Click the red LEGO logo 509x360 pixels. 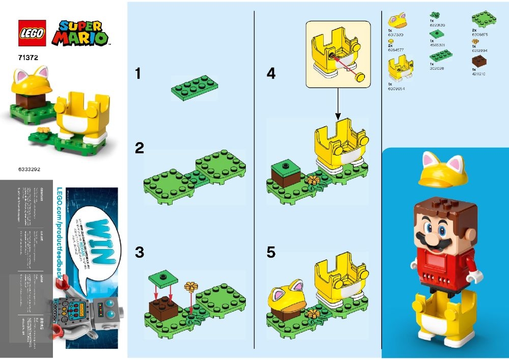coord(32,33)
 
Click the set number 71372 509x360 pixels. coord(27,59)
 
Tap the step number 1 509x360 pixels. coord(137,74)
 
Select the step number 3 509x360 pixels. coord(139,252)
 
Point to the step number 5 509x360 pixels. coord(271,252)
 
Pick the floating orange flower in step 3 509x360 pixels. coord(191,287)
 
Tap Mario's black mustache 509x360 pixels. coord(427,238)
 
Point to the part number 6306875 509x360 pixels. coord(479,35)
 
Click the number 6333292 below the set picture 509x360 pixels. coord(29,167)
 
